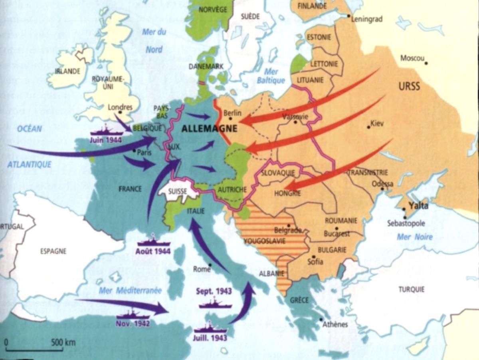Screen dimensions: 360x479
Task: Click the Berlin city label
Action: point(233,113)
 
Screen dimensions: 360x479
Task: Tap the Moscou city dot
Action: point(426,63)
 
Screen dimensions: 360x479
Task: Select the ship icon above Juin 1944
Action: point(105,131)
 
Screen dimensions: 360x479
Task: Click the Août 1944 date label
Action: point(153,251)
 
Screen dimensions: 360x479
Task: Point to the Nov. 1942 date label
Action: point(133,323)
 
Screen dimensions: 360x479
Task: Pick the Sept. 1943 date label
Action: point(214,291)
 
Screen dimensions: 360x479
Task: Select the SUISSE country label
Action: point(178,191)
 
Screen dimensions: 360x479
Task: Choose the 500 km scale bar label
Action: point(63,342)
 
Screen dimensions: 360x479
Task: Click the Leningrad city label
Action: point(367,19)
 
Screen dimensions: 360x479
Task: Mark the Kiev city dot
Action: point(368,127)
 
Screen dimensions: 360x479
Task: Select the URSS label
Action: point(409,86)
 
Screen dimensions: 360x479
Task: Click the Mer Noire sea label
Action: point(415,237)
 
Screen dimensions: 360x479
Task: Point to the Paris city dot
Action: point(135,151)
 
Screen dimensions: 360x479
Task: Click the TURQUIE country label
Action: point(411,289)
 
